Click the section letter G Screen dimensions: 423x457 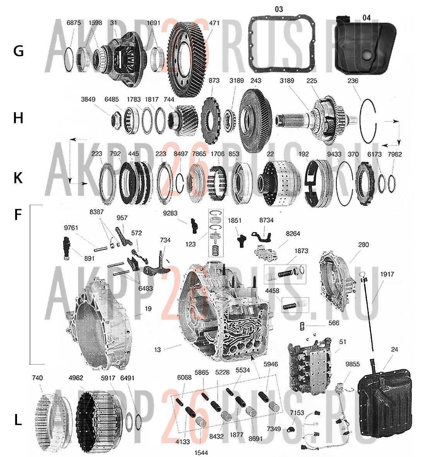tap(18, 51)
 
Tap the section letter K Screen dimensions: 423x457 tap(18, 178)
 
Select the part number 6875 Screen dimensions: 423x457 tap(74, 23)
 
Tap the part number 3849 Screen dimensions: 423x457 tap(88, 99)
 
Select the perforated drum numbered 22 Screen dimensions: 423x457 tap(279, 182)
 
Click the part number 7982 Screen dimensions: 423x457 tap(395, 154)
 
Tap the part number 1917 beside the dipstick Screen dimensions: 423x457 tap(387, 274)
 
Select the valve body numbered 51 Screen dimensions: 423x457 tap(310, 366)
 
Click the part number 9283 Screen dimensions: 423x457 tap(170, 213)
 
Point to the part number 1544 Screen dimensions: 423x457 tap(201, 452)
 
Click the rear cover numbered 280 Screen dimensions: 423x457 tap(338, 280)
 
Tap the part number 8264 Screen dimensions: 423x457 tap(293, 234)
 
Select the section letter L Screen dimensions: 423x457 tap(18, 420)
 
